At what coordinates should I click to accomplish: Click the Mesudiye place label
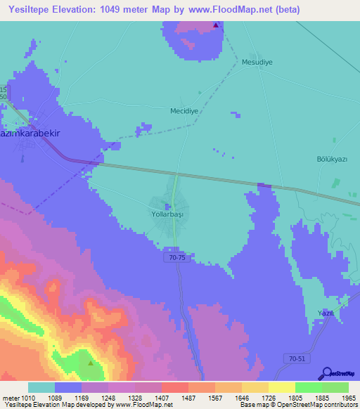tap(257, 62)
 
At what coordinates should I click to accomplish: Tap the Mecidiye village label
tap(186, 111)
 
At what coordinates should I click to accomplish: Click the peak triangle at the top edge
tap(216, 25)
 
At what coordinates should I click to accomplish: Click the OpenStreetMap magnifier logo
tap(326, 373)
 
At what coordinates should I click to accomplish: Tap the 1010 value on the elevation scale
tap(22, 397)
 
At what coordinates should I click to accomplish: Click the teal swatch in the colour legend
tap(41, 387)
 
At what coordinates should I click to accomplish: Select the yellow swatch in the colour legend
tap(282, 387)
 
